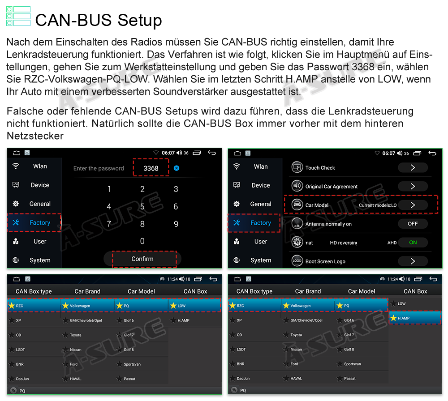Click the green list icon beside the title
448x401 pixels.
coord(18,16)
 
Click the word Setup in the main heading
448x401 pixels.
coord(139,21)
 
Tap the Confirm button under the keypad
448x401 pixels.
coord(142,259)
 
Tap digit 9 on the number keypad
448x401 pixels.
coord(176,224)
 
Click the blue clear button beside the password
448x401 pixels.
coord(177,168)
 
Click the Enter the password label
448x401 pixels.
coord(99,168)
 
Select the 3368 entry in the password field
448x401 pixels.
coord(151,168)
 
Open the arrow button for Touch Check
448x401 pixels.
coord(413,167)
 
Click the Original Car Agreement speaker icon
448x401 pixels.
coord(297,186)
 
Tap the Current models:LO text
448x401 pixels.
coord(377,205)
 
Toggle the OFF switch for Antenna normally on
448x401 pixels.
coord(413,224)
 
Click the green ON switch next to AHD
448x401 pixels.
coord(413,242)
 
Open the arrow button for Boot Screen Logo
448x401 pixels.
coord(413,261)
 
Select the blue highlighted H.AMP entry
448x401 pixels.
coord(415,318)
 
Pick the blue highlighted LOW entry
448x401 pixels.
coord(194,306)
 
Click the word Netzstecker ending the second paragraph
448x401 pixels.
coord(35,136)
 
